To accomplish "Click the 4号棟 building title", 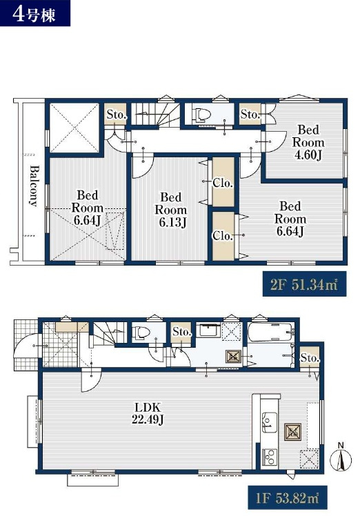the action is (34, 14).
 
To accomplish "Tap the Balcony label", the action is (33, 186).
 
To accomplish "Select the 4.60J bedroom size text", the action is (308, 155).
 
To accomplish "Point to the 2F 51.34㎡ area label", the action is (304, 284).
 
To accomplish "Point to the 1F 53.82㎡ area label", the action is (288, 498).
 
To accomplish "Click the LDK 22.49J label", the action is (148, 414).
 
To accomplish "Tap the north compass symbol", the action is (341, 459).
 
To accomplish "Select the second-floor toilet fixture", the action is (202, 115).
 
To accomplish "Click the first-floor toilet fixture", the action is (141, 332).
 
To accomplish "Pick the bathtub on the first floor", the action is (270, 332).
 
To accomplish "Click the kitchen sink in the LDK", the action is (269, 422).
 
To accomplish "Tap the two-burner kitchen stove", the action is (269, 457).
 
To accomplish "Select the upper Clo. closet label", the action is (223, 183).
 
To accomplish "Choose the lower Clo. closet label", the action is (223, 236).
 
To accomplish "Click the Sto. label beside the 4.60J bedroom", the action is (251, 115).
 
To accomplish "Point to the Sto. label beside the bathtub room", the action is (310, 358).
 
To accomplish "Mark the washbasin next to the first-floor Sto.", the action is (210, 330).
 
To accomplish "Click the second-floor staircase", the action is (155, 115).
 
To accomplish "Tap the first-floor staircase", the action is (108, 333).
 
